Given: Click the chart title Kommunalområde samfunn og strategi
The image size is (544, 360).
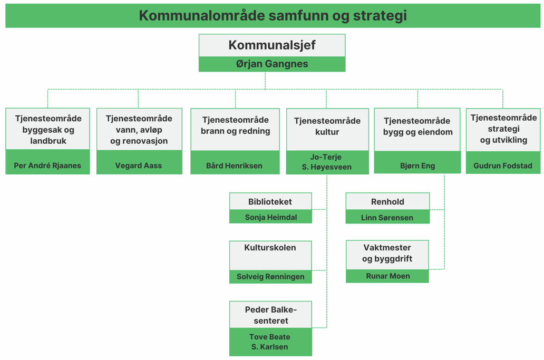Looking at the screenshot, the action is tap(273, 16).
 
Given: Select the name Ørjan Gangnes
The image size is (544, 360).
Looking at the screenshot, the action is tap(272, 64).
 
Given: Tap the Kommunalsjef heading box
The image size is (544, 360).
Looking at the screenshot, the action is tap(272, 45).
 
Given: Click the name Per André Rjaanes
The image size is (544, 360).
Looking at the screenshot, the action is tap(47, 166).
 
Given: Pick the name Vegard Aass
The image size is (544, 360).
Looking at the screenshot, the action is tap(139, 166).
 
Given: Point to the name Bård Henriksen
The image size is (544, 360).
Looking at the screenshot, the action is tap(234, 166).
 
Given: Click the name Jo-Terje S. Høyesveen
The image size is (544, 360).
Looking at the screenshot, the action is tap(326, 162).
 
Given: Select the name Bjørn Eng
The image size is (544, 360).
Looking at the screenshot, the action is tap(417, 166).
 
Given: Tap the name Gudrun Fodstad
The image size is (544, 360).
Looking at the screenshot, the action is tap(503, 166).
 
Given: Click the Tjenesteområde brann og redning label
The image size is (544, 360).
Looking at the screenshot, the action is tap(236, 125).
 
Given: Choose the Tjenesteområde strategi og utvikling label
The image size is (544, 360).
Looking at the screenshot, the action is tap(504, 129).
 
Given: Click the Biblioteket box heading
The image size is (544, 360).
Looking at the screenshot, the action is tap(270, 201).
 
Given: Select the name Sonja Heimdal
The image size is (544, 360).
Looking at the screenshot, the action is tap(271, 217).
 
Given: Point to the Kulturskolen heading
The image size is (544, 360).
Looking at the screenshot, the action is tap(270, 247).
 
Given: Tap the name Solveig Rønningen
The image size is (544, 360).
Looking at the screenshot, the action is tap(270, 276).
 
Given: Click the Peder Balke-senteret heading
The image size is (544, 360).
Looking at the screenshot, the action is tap(271, 315).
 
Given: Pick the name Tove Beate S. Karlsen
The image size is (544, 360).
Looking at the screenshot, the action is tap(270, 342).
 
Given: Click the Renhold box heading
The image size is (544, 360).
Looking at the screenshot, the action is tap(387, 201).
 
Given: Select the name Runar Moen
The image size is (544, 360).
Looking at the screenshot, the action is tap(388, 276).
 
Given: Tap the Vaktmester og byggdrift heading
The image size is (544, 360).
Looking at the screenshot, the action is tap(387, 253).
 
